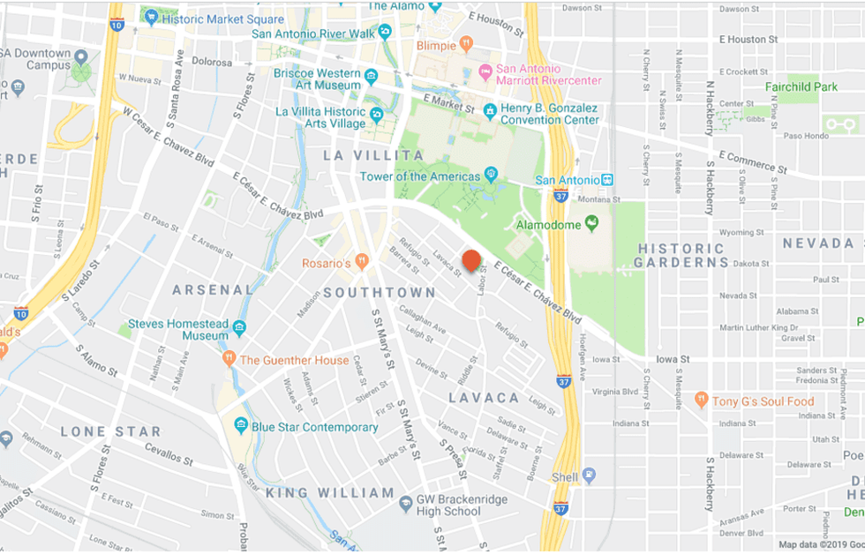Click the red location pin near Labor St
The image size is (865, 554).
click(472, 260)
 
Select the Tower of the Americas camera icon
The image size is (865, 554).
click(492, 176)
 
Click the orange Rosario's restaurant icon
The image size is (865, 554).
click(362, 263)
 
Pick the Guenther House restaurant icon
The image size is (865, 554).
click(229, 359)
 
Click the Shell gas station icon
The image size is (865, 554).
click(589, 476)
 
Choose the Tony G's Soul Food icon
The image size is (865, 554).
click(702, 401)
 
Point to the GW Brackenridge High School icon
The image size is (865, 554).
click(405, 503)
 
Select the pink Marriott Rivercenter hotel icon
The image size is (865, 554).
click(485, 70)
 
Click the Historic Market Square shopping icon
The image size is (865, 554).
click(151, 16)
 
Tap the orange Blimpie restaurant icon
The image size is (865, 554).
click(466, 44)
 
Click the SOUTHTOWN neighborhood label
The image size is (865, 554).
click(380, 292)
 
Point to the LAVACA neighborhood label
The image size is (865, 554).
click(483, 398)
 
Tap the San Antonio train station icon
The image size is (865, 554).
click(606, 180)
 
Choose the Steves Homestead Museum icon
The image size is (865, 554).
click(240, 330)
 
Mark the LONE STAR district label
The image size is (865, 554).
click(111, 432)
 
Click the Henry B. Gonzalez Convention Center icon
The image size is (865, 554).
click(490, 109)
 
